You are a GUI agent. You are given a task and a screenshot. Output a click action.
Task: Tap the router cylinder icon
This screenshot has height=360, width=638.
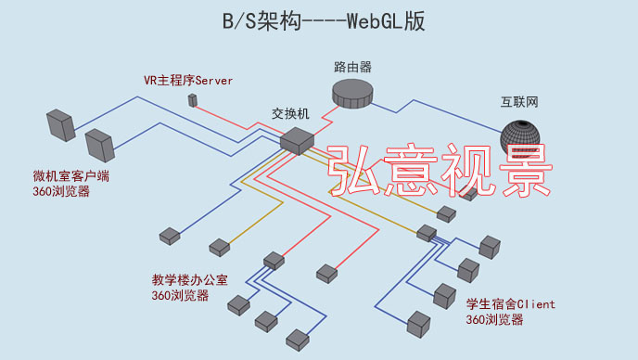[352, 93]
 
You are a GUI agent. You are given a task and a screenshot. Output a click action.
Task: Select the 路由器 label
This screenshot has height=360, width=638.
[352, 67]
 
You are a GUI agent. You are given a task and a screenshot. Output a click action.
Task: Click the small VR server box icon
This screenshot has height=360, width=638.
[193, 99]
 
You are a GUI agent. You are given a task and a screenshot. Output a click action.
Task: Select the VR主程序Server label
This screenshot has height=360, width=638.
[188, 81]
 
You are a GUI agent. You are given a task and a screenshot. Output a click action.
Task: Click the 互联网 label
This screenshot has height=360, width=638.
[519, 103]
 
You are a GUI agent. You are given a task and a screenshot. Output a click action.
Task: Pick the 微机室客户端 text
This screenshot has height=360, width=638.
[70, 176]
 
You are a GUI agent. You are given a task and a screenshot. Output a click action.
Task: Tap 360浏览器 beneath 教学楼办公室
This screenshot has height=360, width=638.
[180, 295]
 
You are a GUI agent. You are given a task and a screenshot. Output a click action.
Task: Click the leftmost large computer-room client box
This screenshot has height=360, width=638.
[60, 124]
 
